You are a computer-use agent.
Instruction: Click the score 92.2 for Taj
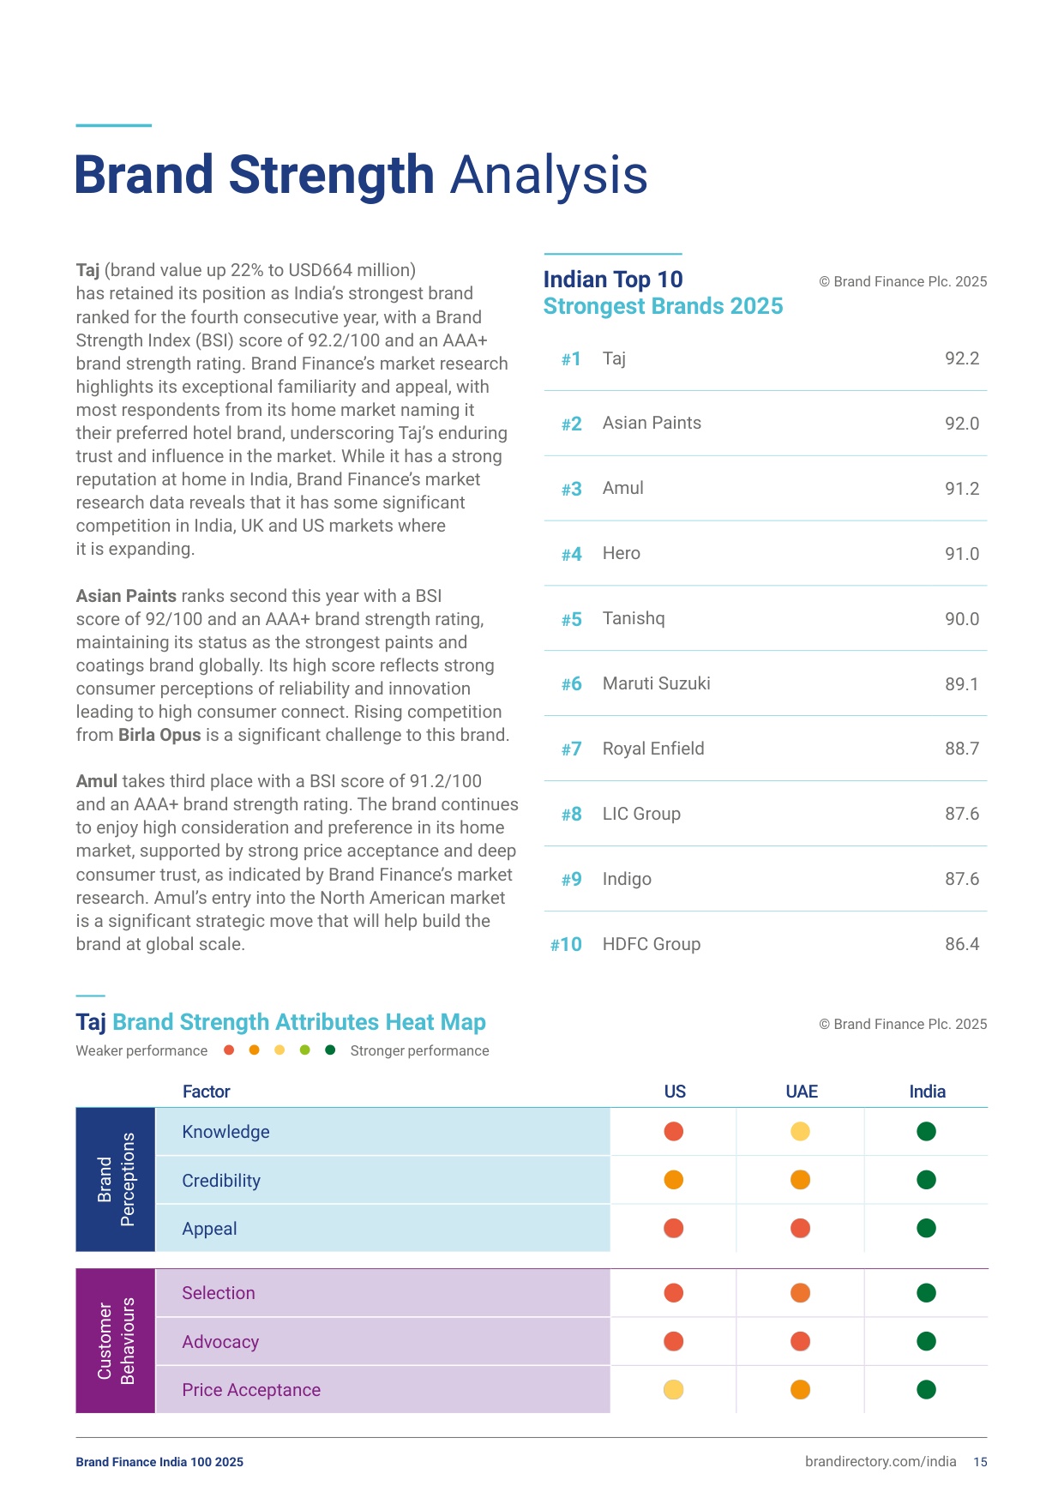pos(962,358)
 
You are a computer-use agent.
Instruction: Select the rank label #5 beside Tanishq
pos(571,619)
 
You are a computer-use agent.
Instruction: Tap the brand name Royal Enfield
pos(653,749)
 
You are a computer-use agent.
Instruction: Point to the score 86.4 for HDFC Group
pos(962,944)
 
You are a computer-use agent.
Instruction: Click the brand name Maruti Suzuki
pos(657,683)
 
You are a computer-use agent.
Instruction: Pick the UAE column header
pos(802,1092)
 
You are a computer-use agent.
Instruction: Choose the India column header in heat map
pos(927,1092)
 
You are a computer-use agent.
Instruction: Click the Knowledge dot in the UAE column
pos(800,1132)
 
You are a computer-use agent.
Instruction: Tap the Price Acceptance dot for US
pos(674,1390)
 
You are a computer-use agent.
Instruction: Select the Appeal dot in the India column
pos(926,1229)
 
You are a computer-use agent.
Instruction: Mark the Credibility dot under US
pos(674,1180)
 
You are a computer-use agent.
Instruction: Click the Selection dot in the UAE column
pos(800,1293)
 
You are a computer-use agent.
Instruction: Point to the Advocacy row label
pos(220,1342)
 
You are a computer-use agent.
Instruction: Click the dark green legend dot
pos(330,1050)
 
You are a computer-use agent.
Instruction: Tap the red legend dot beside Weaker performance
pos(229,1050)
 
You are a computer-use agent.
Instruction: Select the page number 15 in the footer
pos(980,1462)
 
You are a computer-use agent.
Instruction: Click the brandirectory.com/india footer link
pos(881,1462)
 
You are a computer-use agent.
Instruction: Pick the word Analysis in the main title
pos(549,176)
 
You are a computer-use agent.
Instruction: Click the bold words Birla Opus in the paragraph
pos(159,735)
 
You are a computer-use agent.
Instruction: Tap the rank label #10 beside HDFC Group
pos(566,945)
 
